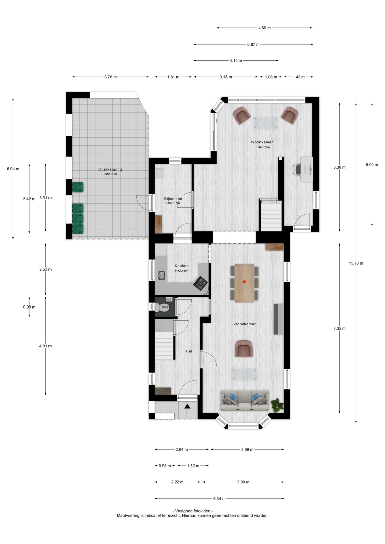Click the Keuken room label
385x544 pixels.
click(181, 266)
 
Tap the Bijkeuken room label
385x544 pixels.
click(173, 199)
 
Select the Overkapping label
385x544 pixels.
click(110, 169)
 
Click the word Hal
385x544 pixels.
click(189, 351)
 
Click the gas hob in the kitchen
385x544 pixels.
click(201, 283)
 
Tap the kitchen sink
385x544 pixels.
click(162, 275)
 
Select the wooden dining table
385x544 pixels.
click(244, 283)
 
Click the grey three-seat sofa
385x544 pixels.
click(245, 400)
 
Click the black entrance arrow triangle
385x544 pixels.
click(187, 407)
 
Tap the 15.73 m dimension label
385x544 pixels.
click(356, 263)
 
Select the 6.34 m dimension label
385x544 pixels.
click(219, 498)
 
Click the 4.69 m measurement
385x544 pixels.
click(264, 28)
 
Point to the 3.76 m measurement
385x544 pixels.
click(110, 77)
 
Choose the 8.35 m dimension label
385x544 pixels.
click(339, 328)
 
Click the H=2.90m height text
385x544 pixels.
click(110, 174)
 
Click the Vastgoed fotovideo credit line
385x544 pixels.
click(193, 511)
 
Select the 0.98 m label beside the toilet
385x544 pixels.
click(29, 307)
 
